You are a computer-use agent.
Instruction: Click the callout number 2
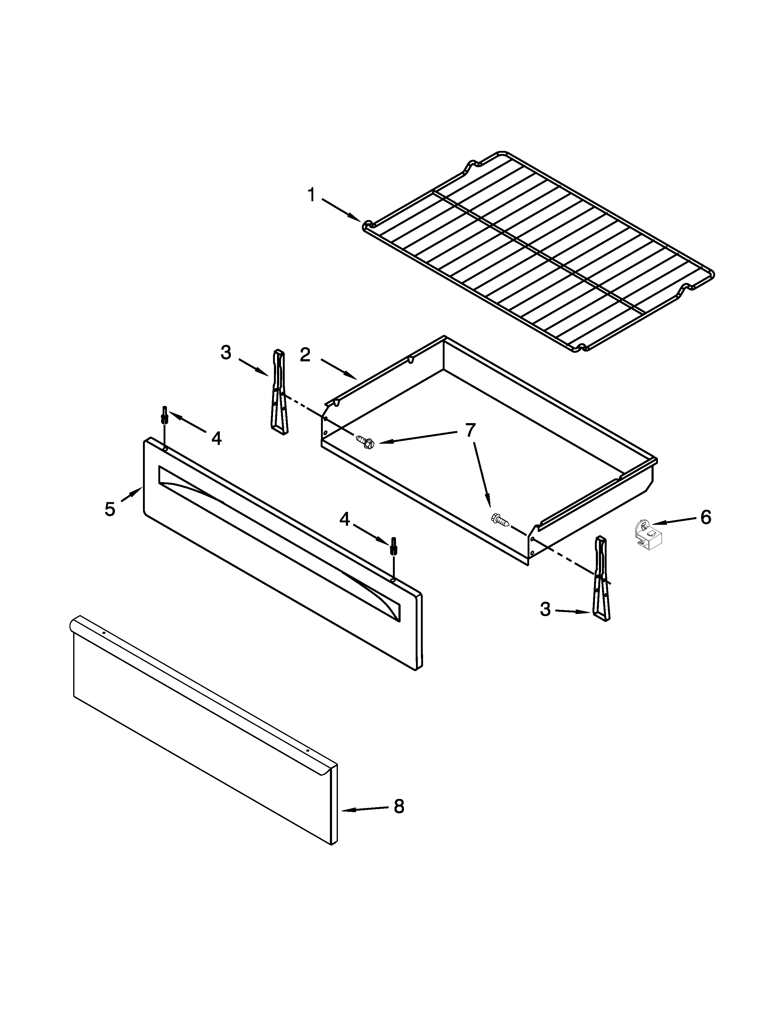point(305,355)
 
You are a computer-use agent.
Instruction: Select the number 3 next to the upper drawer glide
point(226,353)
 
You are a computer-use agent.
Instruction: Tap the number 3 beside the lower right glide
point(545,609)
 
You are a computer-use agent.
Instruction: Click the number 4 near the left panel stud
point(216,438)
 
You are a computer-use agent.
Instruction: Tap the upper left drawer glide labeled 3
point(279,392)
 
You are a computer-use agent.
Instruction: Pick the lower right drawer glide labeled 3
point(601,579)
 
